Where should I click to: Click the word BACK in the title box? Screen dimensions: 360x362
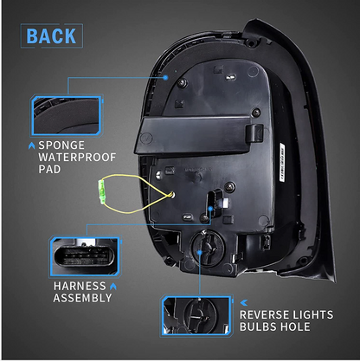tap(51, 36)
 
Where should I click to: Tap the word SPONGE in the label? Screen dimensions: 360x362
tap(61, 145)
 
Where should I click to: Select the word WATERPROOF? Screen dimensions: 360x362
tap(77, 158)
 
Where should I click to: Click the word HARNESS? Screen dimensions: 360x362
tap(80, 286)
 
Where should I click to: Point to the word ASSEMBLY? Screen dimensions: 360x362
tap(82, 298)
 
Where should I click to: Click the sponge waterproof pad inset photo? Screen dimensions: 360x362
tap(67, 116)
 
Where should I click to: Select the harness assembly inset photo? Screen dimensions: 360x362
tap(86, 256)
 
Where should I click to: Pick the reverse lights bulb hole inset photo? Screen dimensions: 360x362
tap(196, 316)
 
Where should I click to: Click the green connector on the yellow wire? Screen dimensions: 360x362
tap(101, 192)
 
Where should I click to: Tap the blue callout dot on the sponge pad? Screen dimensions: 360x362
tap(165, 77)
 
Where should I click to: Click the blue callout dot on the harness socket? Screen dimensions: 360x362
tap(210, 208)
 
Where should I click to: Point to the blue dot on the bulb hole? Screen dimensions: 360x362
tap(200, 252)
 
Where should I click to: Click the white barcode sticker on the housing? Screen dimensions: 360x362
tap(282, 162)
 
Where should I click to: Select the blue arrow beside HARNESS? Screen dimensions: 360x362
tap(113, 287)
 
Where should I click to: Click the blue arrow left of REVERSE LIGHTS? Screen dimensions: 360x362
tap(244, 302)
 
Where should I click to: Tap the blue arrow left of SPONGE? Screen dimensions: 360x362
tap(32, 145)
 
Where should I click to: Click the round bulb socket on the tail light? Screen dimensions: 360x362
tap(208, 249)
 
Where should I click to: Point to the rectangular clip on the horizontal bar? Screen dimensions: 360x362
tap(254, 133)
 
